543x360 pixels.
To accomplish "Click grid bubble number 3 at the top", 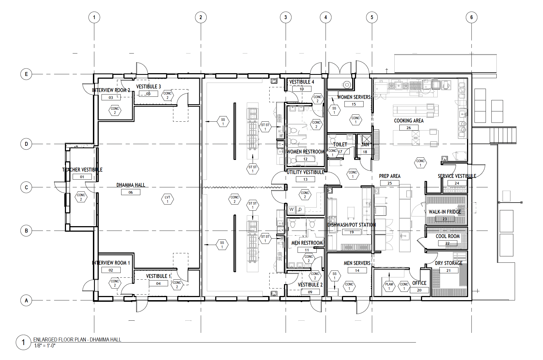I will (x=285, y=17).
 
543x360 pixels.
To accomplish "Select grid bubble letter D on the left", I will (x=26, y=144).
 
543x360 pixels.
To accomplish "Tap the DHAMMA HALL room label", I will (x=131, y=185).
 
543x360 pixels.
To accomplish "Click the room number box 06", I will (x=131, y=192).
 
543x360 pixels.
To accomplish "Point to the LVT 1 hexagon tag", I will (x=168, y=199).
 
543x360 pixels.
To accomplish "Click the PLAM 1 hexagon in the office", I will (x=389, y=286).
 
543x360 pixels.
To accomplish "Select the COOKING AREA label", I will (x=408, y=121).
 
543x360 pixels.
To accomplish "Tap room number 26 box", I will (x=409, y=128).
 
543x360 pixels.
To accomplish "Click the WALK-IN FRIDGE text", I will (x=445, y=212).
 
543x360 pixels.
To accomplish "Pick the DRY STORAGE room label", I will (x=448, y=263).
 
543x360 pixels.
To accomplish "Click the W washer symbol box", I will (x=291, y=210).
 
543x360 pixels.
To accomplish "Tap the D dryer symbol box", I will (x=300, y=210).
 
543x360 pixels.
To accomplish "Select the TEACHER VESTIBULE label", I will (x=82, y=170).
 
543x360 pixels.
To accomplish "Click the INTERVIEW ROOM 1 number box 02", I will (x=111, y=270).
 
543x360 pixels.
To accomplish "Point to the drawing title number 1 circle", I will (x=23, y=343).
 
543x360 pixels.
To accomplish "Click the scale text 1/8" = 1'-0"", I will (x=45, y=346).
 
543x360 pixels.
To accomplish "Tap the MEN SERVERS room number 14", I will (x=357, y=270).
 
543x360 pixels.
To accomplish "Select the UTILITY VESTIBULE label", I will (x=305, y=172).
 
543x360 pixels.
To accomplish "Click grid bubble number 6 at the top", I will (x=471, y=17).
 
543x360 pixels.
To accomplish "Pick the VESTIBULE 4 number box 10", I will (x=302, y=89).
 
